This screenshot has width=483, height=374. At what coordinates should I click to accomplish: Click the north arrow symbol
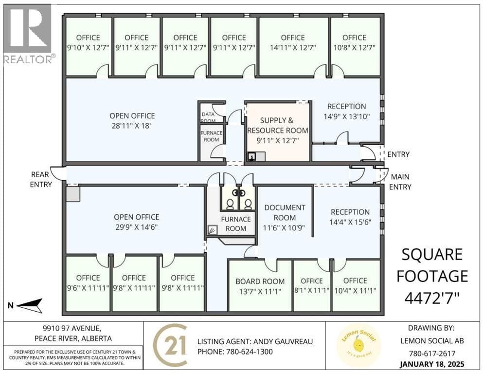(x=29, y=305)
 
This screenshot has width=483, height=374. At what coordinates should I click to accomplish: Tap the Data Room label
(x=208, y=117)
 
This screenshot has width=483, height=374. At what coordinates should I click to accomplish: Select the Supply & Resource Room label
(x=277, y=126)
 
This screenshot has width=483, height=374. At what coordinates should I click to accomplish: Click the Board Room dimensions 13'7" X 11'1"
(x=260, y=291)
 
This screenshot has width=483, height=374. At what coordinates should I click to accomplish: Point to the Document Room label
(x=285, y=212)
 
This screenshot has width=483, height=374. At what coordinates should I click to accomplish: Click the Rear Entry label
(x=41, y=179)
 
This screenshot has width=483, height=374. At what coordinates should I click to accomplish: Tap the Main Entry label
(x=400, y=182)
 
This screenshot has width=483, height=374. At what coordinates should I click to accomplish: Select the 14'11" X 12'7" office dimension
(x=293, y=48)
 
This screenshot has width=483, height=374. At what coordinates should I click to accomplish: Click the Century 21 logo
(x=170, y=345)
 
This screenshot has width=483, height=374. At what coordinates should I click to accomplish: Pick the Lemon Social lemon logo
(x=359, y=345)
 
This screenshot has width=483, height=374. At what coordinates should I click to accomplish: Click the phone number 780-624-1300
(x=250, y=352)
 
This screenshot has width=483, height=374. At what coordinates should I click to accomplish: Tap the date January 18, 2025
(x=432, y=364)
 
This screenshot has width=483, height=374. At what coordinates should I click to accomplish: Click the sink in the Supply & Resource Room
(x=251, y=157)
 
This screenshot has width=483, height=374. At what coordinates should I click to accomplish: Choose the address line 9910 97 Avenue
(x=72, y=328)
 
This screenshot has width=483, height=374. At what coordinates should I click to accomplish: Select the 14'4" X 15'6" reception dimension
(x=350, y=222)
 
